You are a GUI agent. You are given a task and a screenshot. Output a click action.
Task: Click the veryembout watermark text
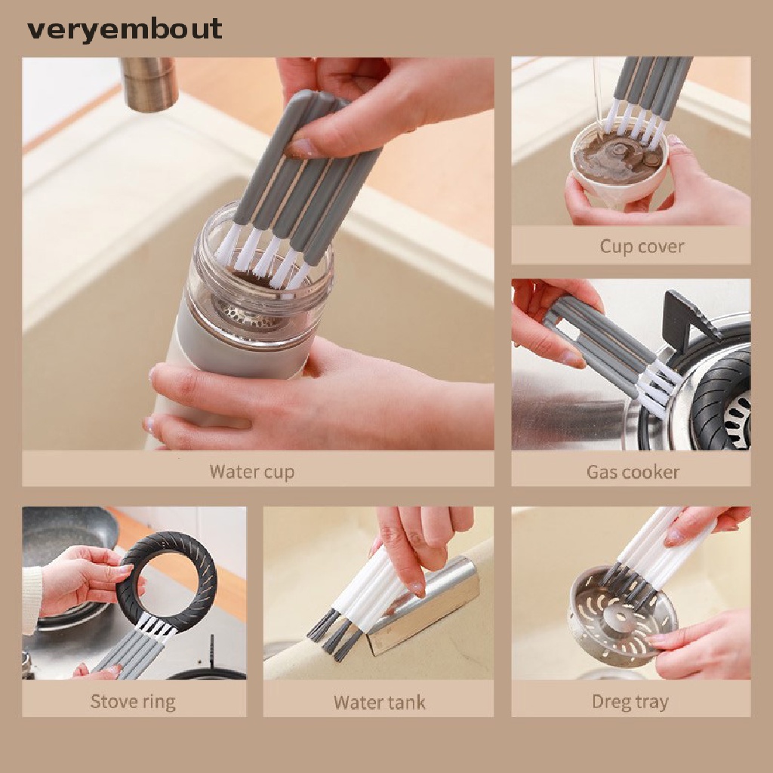click(x=125, y=29)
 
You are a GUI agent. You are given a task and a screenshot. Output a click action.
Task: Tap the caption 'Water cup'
click(x=251, y=472)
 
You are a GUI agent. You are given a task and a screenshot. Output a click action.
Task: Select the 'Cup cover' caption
click(x=642, y=246)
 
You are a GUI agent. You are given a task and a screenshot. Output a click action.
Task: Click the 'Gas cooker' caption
click(x=633, y=472)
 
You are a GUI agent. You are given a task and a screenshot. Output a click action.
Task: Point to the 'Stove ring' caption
click(x=133, y=701)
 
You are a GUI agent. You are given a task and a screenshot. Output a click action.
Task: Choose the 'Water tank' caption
click(x=379, y=702)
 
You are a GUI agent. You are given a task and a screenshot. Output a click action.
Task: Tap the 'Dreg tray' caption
click(x=630, y=701)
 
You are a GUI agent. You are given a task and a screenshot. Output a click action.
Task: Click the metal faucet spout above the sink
click(x=149, y=84)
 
